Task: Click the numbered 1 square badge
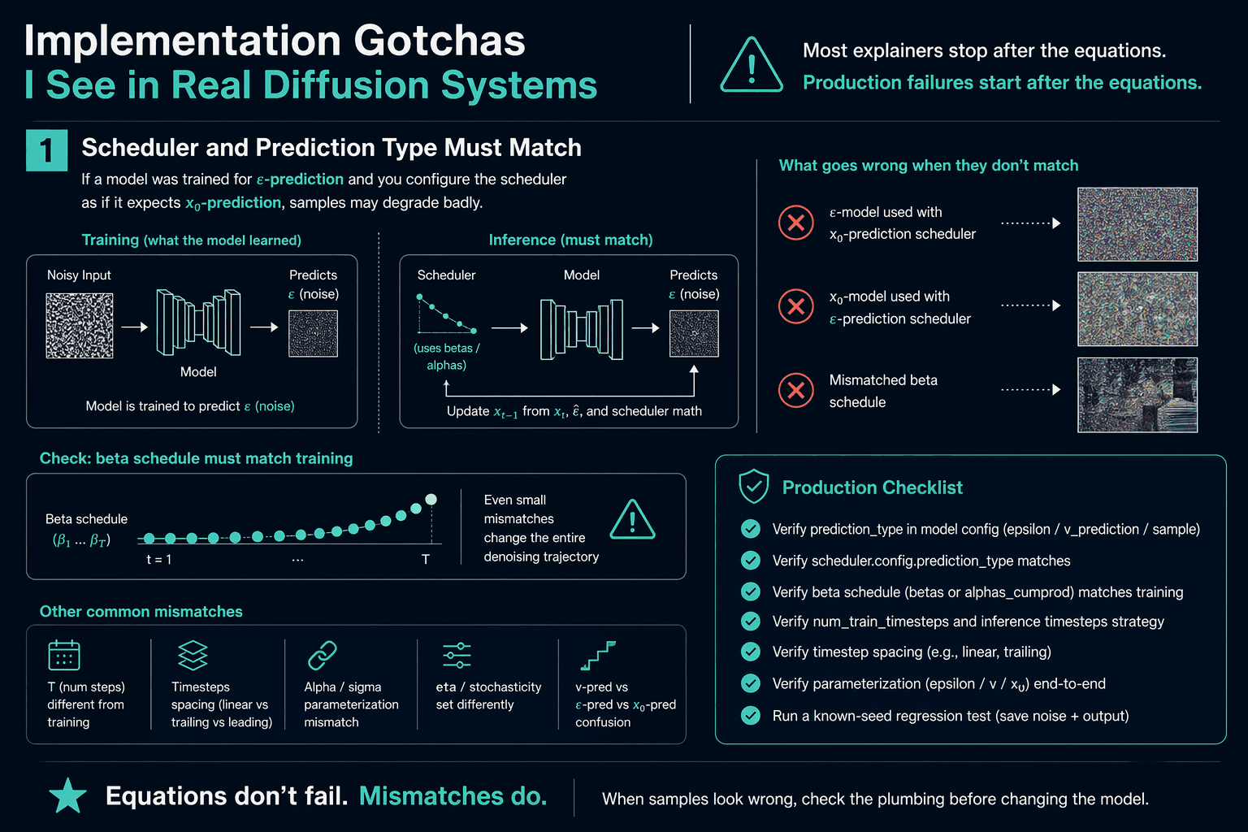pyautogui.click(x=47, y=150)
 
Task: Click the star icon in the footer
pyautogui.click(x=68, y=795)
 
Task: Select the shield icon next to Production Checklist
pyautogui.click(x=754, y=486)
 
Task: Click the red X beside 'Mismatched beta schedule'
pyautogui.click(x=796, y=390)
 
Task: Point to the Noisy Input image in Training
pyautogui.click(x=80, y=326)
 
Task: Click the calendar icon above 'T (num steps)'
pyautogui.click(x=64, y=655)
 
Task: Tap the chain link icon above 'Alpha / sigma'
pyautogui.click(x=323, y=655)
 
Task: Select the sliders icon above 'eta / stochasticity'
pyautogui.click(x=457, y=655)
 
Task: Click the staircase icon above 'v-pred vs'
pyautogui.click(x=598, y=656)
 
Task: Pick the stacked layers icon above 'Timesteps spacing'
pyautogui.click(x=193, y=655)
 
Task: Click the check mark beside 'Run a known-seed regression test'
pyautogui.click(x=751, y=715)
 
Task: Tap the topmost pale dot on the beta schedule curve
pyautogui.click(x=431, y=500)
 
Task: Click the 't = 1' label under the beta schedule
pyautogui.click(x=158, y=560)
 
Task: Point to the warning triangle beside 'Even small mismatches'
pyautogui.click(x=632, y=520)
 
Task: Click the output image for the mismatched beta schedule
pyautogui.click(x=1137, y=395)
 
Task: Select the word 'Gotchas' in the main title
pyautogui.click(x=439, y=41)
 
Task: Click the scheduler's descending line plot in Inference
pyautogui.click(x=447, y=314)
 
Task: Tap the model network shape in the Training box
pyautogui.click(x=198, y=322)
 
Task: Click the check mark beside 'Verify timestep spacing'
pyautogui.click(x=751, y=652)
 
